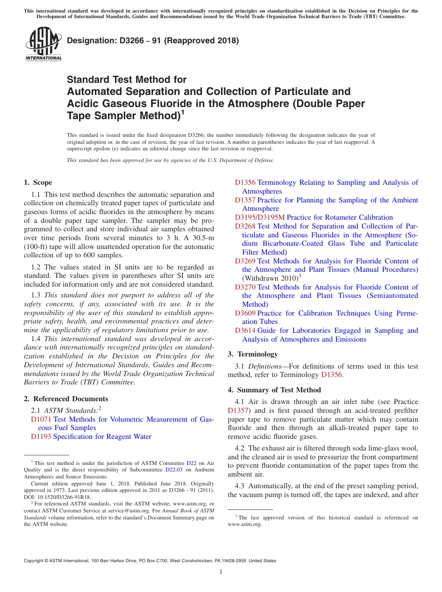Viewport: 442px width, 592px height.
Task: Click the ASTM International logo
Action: click(43, 44)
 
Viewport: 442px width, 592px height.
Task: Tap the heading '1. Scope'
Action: click(38, 182)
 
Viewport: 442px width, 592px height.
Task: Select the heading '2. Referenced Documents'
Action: click(66, 399)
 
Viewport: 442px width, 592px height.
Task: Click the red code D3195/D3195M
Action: click(260, 217)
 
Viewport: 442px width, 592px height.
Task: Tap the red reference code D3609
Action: click(245, 313)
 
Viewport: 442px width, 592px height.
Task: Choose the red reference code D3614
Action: click(245, 330)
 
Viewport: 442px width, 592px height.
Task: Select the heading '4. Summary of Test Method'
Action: click(274, 390)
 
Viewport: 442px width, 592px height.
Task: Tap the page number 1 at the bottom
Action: click(221, 572)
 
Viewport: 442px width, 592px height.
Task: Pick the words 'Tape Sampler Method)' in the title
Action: click(123, 116)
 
